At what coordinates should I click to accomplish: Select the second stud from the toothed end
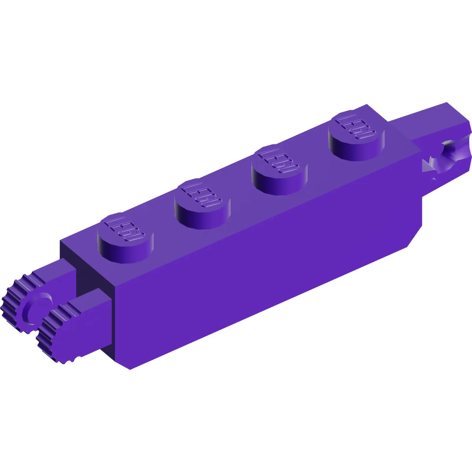pyautogui.click(x=202, y=204)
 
